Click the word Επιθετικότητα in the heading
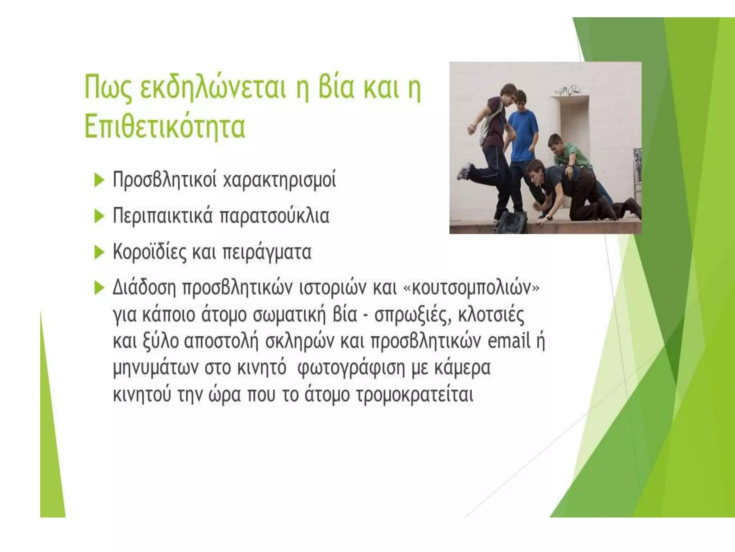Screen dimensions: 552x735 165,126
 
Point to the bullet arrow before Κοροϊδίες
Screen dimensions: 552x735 99,253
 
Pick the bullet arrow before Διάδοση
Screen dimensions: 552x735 99,288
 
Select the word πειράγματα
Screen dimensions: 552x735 267,253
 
